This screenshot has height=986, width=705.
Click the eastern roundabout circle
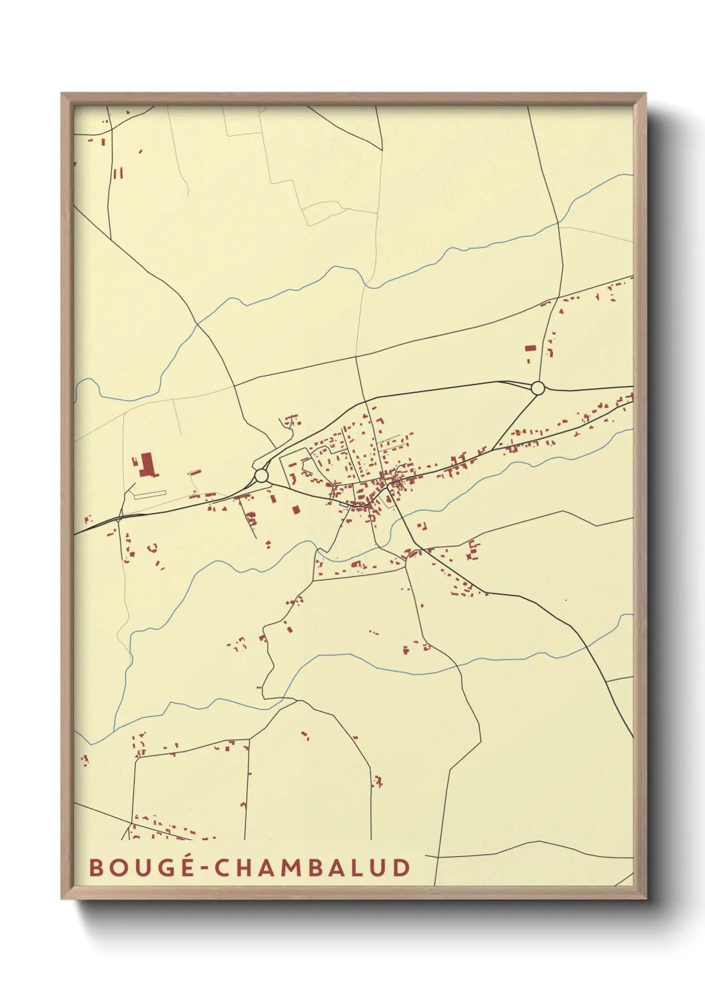[538, 388]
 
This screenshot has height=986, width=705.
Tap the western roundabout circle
[261, 476]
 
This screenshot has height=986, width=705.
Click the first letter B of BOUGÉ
[96, 867]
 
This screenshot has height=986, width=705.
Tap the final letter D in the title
[401, 867]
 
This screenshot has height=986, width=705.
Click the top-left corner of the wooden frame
[62, 94]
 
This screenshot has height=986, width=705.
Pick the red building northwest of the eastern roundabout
[530, 348]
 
